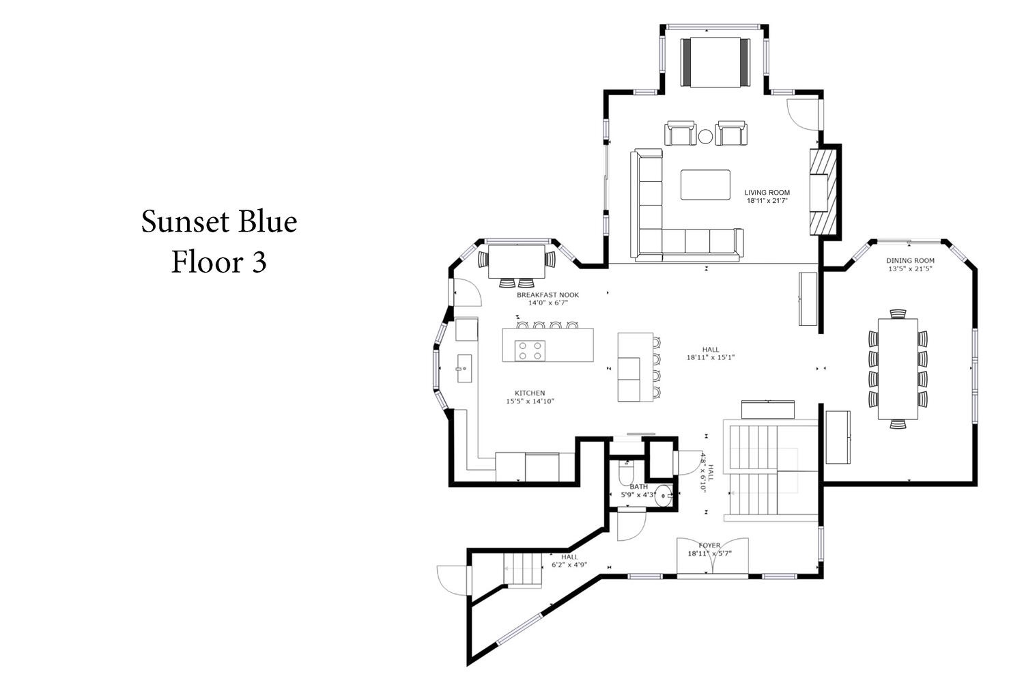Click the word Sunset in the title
coord(185,221)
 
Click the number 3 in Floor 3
coord(259,262)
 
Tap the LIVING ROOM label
coord(767,193)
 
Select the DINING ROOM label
coord(910,261)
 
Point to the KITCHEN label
coord(530,393)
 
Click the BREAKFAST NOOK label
coord(547,295)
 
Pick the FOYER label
coord(709,545)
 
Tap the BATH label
coord(638,487)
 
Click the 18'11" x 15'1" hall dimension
coord(711,357)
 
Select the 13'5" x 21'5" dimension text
coord(910,269)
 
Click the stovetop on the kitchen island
coord(530,351)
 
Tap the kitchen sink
coord(464,368)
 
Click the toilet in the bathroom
coord(625,473)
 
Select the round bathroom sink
coord(663,495)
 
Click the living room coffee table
coord(705,185)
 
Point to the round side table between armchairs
coord(705,137)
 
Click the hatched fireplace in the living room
coord(823,192)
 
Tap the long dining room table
coord(898,369)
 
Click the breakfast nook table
coord(517,262)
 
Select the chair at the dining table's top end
coord(898,313)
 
